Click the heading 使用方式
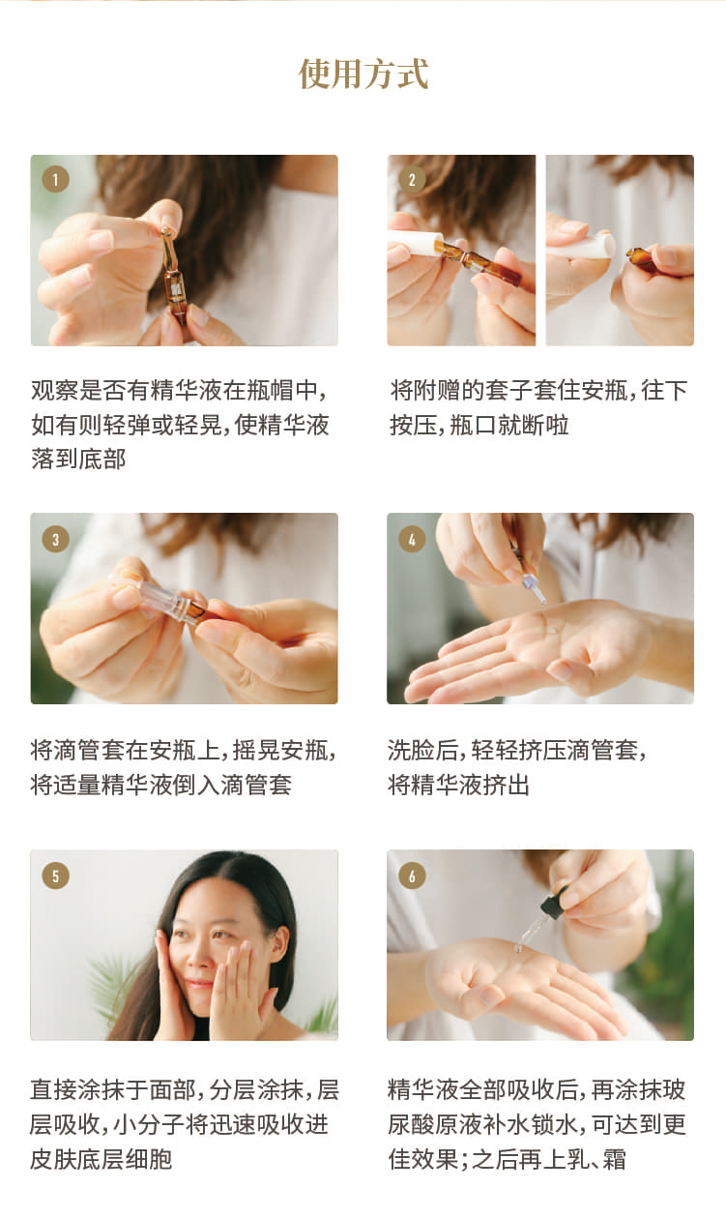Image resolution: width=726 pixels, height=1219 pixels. pos(363,74)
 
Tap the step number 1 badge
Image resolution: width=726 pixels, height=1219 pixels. pos(55,180)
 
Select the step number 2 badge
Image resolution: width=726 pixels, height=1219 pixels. pos(412,180)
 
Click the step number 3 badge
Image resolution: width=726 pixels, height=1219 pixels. pos(55,539)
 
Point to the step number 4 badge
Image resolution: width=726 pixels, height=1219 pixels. pos(412,539)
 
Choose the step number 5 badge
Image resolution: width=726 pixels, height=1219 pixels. pos(55,876)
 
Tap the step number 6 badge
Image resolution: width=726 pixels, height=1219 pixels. pos(412,876)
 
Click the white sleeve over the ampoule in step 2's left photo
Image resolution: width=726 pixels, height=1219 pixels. pos(415,243)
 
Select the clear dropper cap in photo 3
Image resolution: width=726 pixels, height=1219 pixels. pos(163,600)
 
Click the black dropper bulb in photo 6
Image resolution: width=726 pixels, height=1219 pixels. pos(554,904)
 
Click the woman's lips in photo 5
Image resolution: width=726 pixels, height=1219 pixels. pos(199,983)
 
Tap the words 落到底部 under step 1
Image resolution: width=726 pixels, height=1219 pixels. pos(78,459)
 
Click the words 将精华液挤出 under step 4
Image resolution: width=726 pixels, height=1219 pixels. pos(458,785)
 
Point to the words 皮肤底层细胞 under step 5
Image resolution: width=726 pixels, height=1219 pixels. pos(102,1159)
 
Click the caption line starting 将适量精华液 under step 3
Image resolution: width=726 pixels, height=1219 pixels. pos(161,785)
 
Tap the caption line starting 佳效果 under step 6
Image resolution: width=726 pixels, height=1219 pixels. pos(507,1159)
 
